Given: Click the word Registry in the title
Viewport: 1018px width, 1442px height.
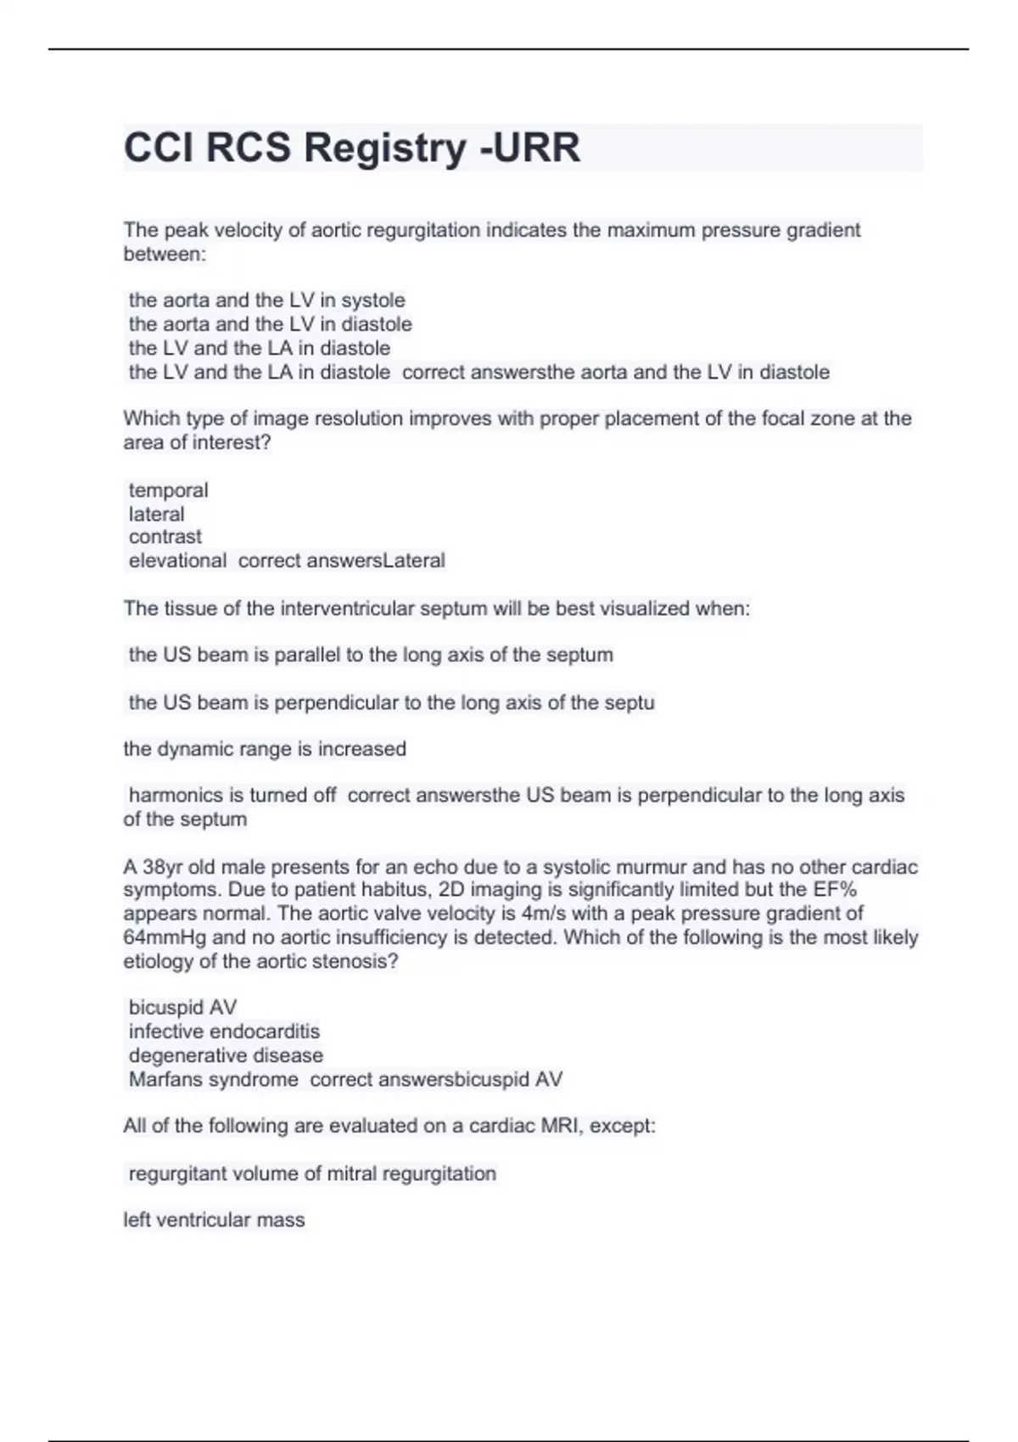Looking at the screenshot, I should pyautogui.click(x=384, y=148).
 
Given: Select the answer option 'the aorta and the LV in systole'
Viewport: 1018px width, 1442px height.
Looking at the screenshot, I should pyautogui.click(x=266, y=300).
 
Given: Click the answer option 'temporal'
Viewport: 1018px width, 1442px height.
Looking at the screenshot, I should pyautogui.click(x=168, y=490).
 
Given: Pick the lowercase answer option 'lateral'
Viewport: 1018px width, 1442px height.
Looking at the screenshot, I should pyautogui.click(x=156, y=514).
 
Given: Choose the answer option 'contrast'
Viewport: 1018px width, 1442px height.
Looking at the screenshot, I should pyautogui.click(x=165, y=537).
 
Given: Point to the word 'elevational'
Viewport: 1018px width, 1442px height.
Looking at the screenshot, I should pyautogui.click(x=177, y=561).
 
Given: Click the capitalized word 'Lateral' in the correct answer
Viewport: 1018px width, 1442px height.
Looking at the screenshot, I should pyautogui.click(x=414, y=561).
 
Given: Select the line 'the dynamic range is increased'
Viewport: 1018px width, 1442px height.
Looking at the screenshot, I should pyautogui.click(x=265, y=749).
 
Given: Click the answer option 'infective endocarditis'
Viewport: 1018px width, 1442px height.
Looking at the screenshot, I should pyautogui.click(x=224, y=1031).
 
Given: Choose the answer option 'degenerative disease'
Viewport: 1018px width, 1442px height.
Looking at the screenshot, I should pyautogui.click(x=226, y=1055).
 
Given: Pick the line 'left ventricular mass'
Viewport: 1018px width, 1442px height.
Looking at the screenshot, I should pyautogui.click(x=214, y=1220).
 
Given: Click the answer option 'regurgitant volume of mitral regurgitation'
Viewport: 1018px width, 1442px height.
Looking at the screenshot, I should pyautogui.click(x=312, y=1174).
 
